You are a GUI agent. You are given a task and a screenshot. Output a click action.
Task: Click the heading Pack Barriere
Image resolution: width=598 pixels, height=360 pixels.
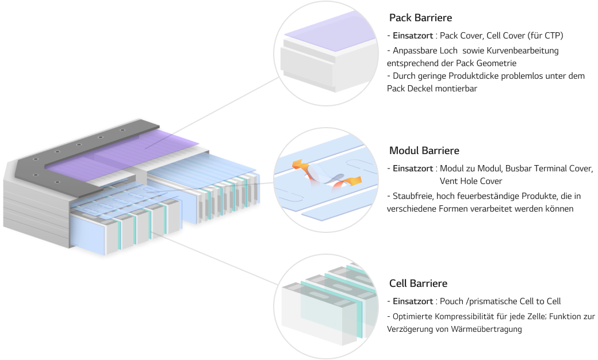420,18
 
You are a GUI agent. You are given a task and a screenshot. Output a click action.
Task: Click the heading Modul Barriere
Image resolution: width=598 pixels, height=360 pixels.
424,151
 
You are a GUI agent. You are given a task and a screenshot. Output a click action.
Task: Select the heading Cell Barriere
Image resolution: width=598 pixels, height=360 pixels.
418,284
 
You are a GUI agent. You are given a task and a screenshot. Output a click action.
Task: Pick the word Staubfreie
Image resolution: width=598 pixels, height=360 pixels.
413,196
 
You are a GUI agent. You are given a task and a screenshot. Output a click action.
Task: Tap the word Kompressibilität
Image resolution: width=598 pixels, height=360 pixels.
462,316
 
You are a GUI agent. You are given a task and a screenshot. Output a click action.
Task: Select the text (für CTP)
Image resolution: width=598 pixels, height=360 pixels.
544,36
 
